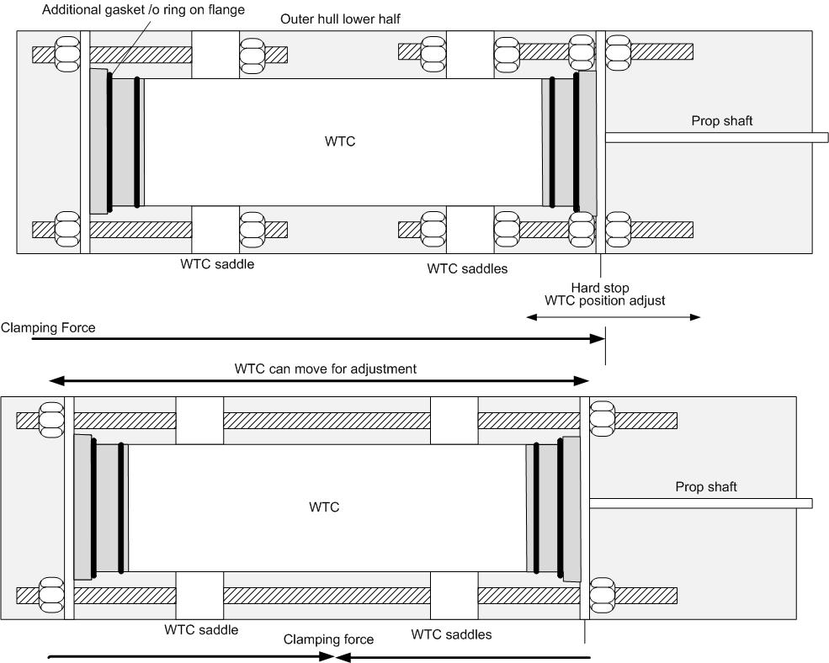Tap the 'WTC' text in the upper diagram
click(340, 141)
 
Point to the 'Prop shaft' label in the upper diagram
click(722, 121)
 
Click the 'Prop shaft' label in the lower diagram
click(706, 487)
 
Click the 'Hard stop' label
click(599, 288)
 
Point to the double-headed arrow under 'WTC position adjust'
click(613, 317)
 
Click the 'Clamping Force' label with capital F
click(48, 328)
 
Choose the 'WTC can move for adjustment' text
click(326, 369)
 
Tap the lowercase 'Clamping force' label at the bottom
click(328, 639)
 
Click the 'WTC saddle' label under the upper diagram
click(217, 264)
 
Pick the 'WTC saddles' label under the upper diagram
click(467, 269)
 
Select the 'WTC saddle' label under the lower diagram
click(202, 630)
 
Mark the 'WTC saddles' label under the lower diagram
click(452, 634)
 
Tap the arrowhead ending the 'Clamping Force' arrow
click(598, 339)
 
